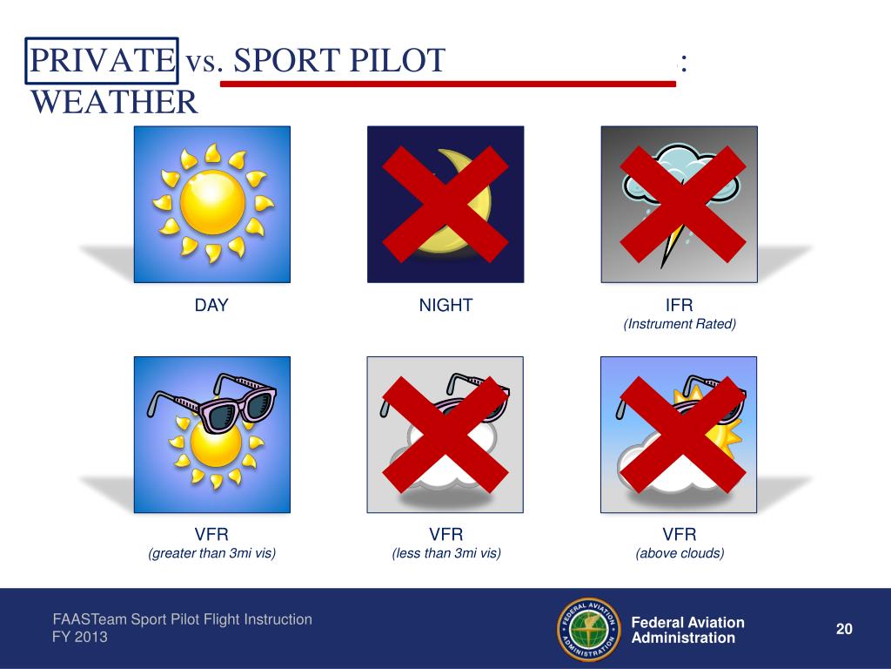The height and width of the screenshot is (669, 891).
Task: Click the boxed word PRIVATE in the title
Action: point(102,60)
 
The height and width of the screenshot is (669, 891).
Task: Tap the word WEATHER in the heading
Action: point(115,103)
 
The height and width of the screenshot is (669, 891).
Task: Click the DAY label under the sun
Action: point(211,305)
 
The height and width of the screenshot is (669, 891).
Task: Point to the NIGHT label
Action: point(445,305)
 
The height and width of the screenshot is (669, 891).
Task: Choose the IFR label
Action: point(680,305)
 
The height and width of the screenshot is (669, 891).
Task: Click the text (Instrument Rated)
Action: point(680,324)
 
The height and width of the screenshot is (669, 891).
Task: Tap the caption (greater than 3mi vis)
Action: point(211,553)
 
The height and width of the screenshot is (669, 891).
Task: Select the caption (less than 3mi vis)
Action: point(445,553)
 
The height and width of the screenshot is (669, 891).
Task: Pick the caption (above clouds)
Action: point(680,553)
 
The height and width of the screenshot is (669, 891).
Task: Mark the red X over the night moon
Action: point(445,204)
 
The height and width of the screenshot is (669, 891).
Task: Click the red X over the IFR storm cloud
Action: point(682,204)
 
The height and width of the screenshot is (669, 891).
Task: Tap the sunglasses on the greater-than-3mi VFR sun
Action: point(211,402)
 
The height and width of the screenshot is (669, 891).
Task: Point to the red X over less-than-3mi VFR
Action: point(445,435)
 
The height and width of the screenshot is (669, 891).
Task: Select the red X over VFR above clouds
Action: point(682,435)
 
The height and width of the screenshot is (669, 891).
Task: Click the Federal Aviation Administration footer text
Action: point(687,630)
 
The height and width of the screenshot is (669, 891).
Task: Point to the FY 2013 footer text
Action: point(81,637)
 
